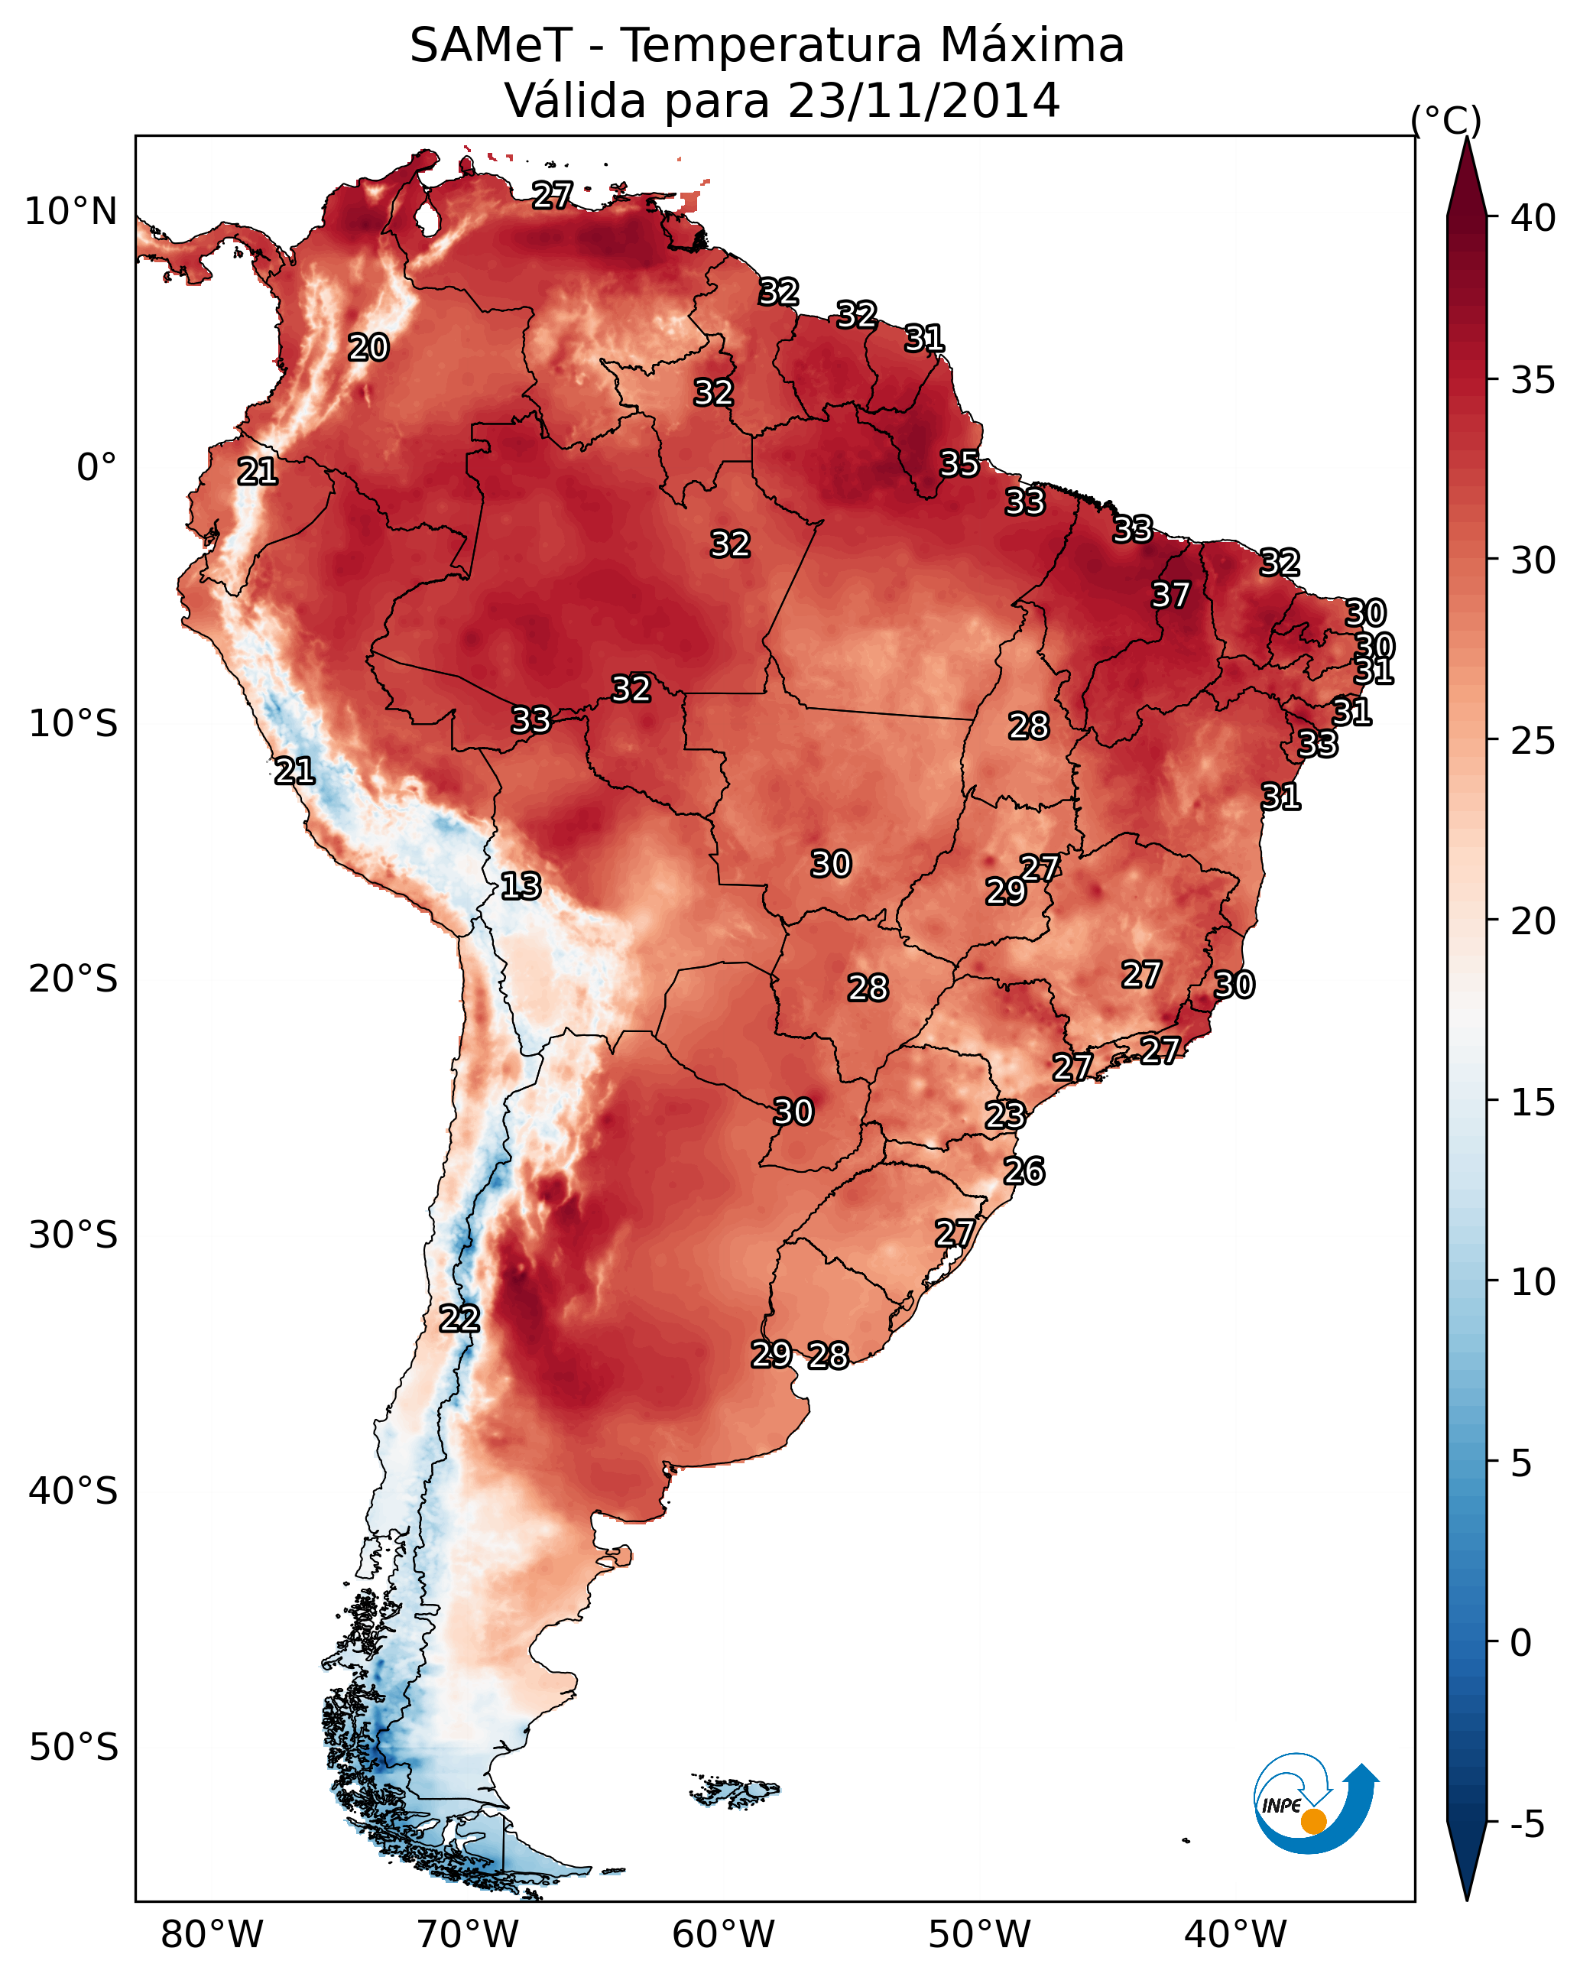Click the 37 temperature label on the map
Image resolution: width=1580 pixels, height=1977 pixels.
pyautogui.click(x=1170, y=595)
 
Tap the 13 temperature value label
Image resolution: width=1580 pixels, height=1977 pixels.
pyautogui.click(x=520, y=886)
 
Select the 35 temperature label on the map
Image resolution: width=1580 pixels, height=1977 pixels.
pyautogui.click(x=959, y=464)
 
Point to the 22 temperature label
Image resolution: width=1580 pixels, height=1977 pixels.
pyautogui.click(x=459, y=1319)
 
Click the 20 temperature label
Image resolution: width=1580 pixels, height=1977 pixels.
pyautogui.click(x=368, y=348)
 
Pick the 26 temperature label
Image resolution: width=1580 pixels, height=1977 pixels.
pyautogui.click(x=1024, y=1171)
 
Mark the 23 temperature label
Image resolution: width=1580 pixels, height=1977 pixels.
pyautogui.click(x=1005, y=1115)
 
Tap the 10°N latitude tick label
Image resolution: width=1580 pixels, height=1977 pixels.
pyautogui.click(x=70, y=212)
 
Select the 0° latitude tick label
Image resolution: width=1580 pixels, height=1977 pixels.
pyautogui.click(x=96, y=468)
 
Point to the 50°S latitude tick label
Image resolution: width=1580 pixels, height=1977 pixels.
pyautogui.click(x=73, y=1748)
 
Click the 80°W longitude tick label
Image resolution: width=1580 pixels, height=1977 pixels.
pyautogui.click(x=212, y=1934)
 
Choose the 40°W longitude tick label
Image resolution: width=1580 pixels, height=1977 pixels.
pyautogui.click(x=1235, y=1934)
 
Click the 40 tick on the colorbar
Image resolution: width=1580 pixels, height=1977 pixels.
pyautogui.click(x=1533, y=218)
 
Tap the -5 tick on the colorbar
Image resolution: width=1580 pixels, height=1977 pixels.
pyautogui.click(x=1526, y=1824)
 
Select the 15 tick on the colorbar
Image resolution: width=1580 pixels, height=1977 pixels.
pyautogui.click(x=1533, y=1102)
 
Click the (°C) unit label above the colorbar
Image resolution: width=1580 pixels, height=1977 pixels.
pyautogui.click(x=1445, y=120)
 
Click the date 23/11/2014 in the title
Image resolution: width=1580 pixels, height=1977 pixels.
pyautogui.click(x=923, y=101)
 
